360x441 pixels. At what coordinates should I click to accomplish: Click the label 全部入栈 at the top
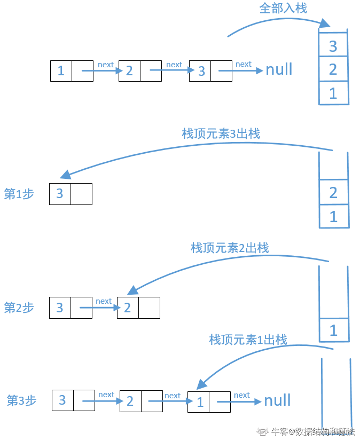click(283, 9)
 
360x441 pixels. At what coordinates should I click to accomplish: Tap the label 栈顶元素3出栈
click(221, 133)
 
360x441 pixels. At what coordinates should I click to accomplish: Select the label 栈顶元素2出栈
click(230, 248)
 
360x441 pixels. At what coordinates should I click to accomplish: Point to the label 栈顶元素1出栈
click(248, 340)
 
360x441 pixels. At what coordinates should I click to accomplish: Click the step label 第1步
click(19, 194)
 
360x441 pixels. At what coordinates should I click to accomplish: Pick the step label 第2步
click(19, 308)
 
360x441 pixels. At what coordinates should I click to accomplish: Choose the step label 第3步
click(21, 400)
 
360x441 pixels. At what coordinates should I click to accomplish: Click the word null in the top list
click(279, 70)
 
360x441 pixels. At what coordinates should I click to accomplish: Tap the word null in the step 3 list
click(277, 401)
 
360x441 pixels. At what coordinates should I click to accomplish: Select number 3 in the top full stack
click(333, 46)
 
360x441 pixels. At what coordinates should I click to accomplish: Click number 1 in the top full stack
click(333, 93)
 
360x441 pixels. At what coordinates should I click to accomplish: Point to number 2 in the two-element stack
click(333, 192)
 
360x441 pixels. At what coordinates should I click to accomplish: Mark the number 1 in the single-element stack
click(333, 330)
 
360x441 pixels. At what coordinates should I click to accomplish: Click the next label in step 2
click(104, 301)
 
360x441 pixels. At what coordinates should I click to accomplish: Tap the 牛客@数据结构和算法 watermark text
click(312, 432)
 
